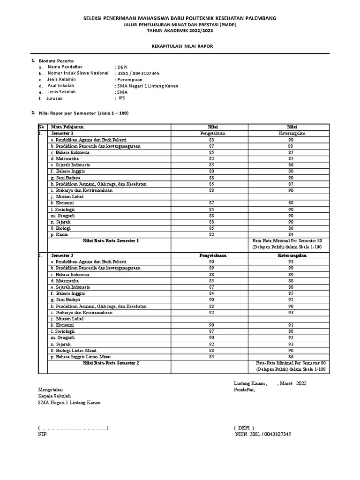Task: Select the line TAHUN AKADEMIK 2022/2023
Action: pos(180,30)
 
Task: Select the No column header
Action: pos(41,127)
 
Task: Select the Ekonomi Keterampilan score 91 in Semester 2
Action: pos(291,325)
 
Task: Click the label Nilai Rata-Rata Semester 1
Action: pos(111,241)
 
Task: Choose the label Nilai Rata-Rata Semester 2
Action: pos(111,363)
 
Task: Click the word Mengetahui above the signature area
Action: pos(51,390)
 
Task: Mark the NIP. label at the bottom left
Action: pos(43,435)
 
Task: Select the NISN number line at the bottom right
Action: pos(263,435)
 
